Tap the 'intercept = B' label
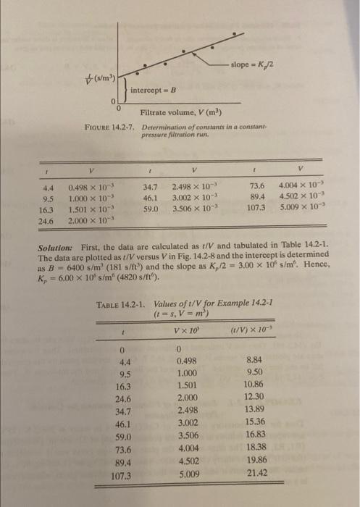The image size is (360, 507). [x=154, y=89]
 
